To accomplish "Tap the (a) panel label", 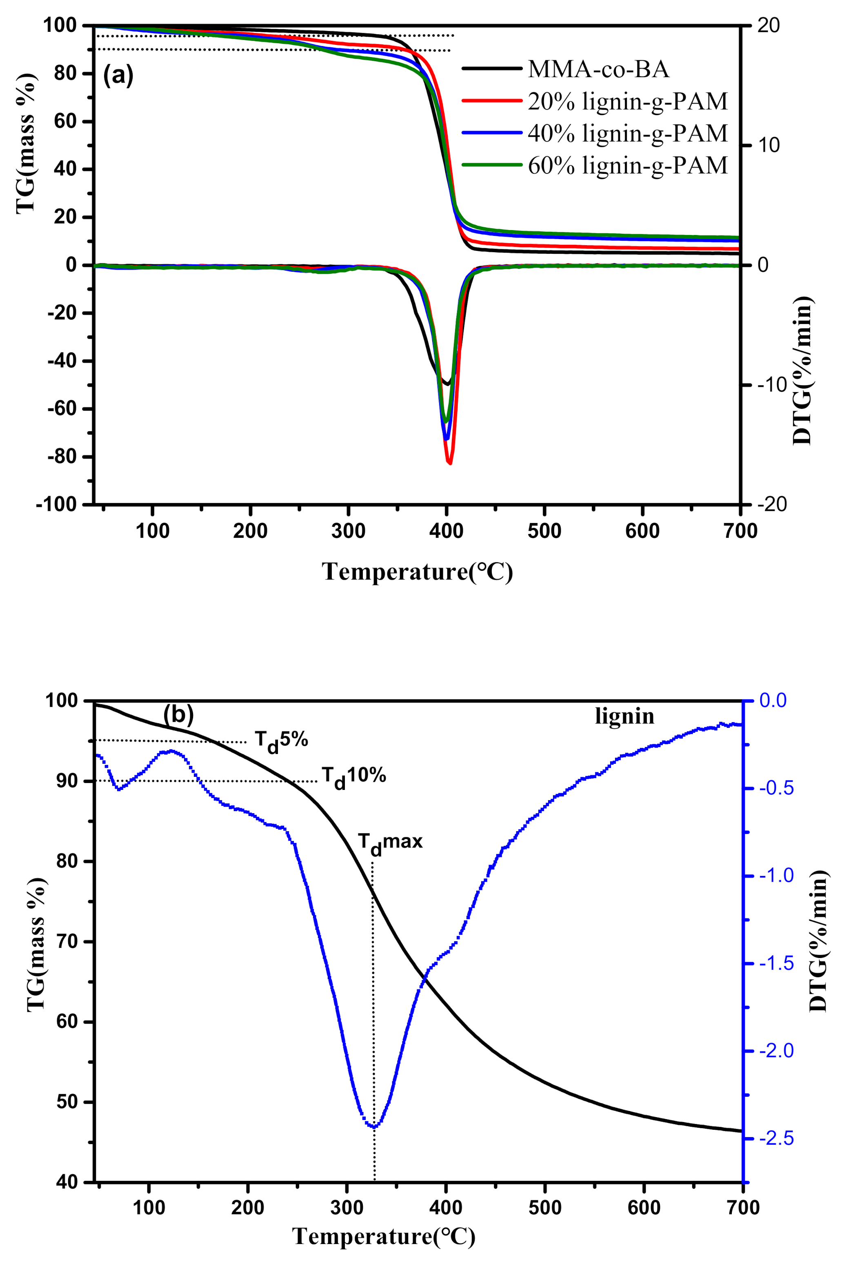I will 118,75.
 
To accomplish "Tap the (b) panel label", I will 178,714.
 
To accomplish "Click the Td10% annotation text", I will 354,776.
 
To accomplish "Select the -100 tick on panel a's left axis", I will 56,505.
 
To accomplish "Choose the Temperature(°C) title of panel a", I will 417,572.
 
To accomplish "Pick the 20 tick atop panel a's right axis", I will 768,26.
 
